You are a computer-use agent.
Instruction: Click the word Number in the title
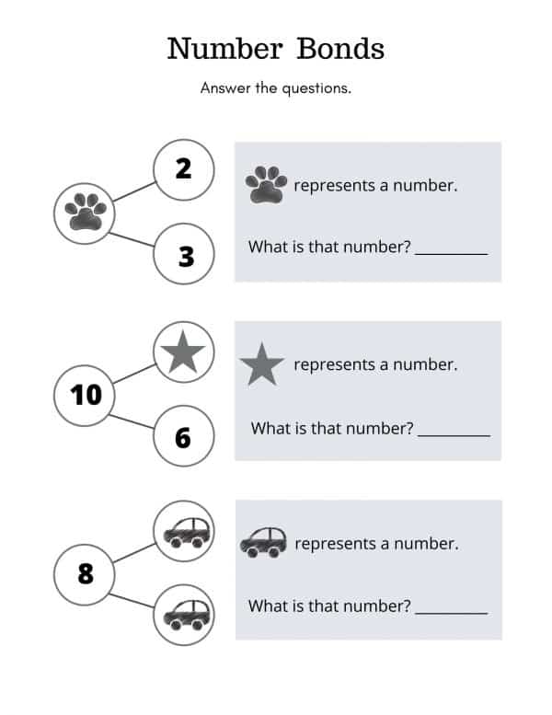(x=224, y=49)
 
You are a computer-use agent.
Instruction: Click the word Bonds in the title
(x=340, y=49)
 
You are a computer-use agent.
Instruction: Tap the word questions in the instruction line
(x=316, y=88)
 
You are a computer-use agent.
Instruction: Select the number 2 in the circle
(x=184, y=168)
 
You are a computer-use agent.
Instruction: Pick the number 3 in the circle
(x=186, y=256)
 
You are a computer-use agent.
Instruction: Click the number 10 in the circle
(x=86, y=395)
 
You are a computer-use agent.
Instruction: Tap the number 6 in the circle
(x=183, y=438)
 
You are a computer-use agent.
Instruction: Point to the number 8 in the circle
(x=86, y=573)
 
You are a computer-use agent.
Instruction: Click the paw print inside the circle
(x=86, y=212)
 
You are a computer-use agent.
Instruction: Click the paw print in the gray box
(x=266, y=184)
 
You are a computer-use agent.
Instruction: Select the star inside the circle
(x=183, y=352)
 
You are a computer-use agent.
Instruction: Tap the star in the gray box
(x=262, y=364)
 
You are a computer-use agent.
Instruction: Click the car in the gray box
(x=263, y=543)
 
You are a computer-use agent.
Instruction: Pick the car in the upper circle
(x=187, y=533)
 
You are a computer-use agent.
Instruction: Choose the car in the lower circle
(x=187, y=615)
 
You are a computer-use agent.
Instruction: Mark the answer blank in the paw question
(x=452, y=254)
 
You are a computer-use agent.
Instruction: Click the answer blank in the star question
(x=454, y=436)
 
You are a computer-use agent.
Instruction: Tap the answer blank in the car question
(x=452, y=614)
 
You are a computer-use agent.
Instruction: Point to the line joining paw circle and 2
(x=134, y=191)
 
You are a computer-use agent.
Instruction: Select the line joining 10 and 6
(x=132, y=421)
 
